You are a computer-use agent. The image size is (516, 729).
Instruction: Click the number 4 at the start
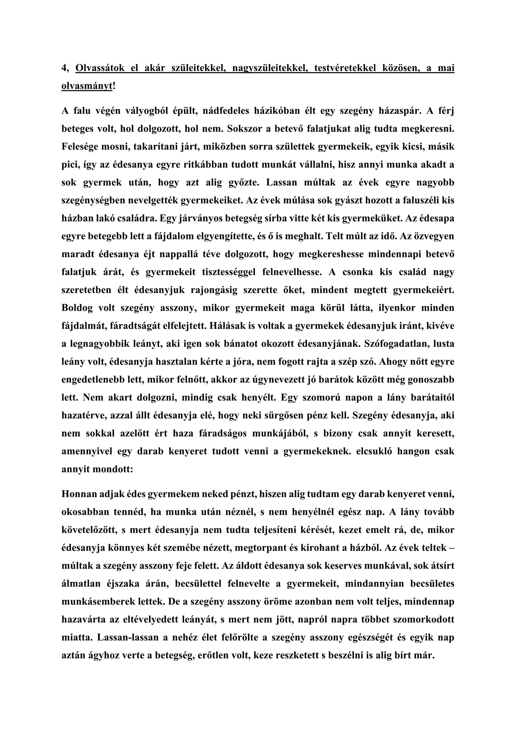(64, 68)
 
